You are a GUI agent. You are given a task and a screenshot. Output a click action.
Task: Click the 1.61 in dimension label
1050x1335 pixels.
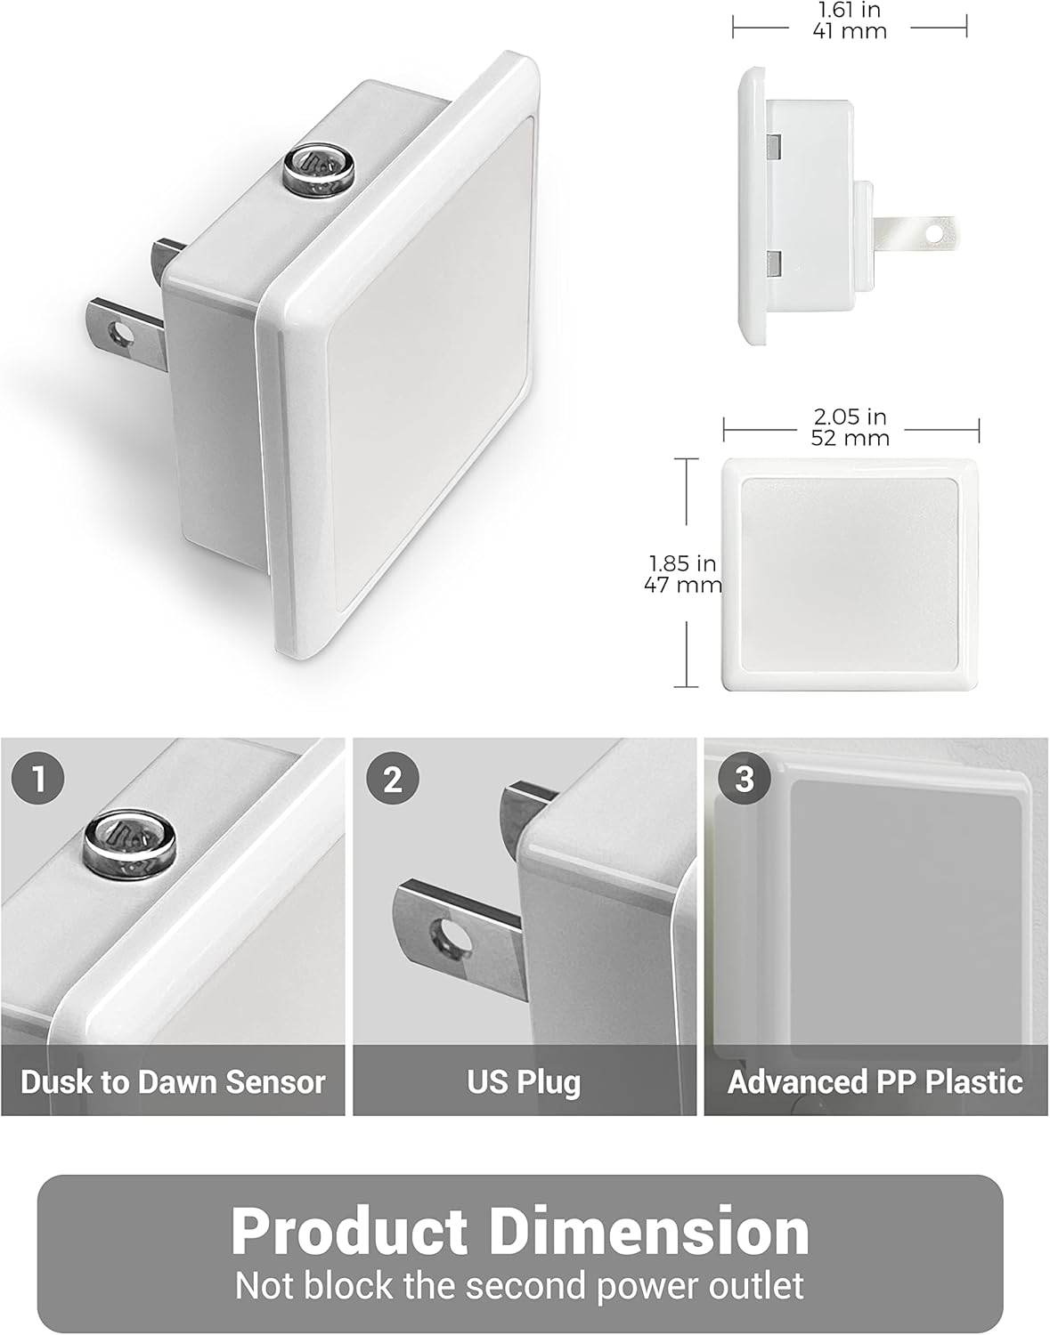[x=849, y=11]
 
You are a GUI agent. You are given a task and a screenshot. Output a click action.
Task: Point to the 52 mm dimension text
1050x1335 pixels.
[x=850, y=437]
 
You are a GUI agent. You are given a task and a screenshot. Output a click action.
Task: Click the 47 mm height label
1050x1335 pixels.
[x=682, y=585]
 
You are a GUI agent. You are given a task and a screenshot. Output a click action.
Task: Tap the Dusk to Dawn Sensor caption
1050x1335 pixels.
[x=173, y=1081]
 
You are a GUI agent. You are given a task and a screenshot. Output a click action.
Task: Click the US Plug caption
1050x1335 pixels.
[x=524, y=1081]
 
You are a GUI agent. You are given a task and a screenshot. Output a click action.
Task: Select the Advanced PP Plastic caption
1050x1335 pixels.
[x=875, y=1081]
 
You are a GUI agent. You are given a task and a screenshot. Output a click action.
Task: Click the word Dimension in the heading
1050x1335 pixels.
[x=649, y=1231]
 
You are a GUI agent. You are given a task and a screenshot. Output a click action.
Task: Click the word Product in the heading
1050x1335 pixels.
[x=349, y=1231]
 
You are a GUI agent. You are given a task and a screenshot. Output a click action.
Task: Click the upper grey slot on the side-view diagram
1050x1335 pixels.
[x=774, y=143]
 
